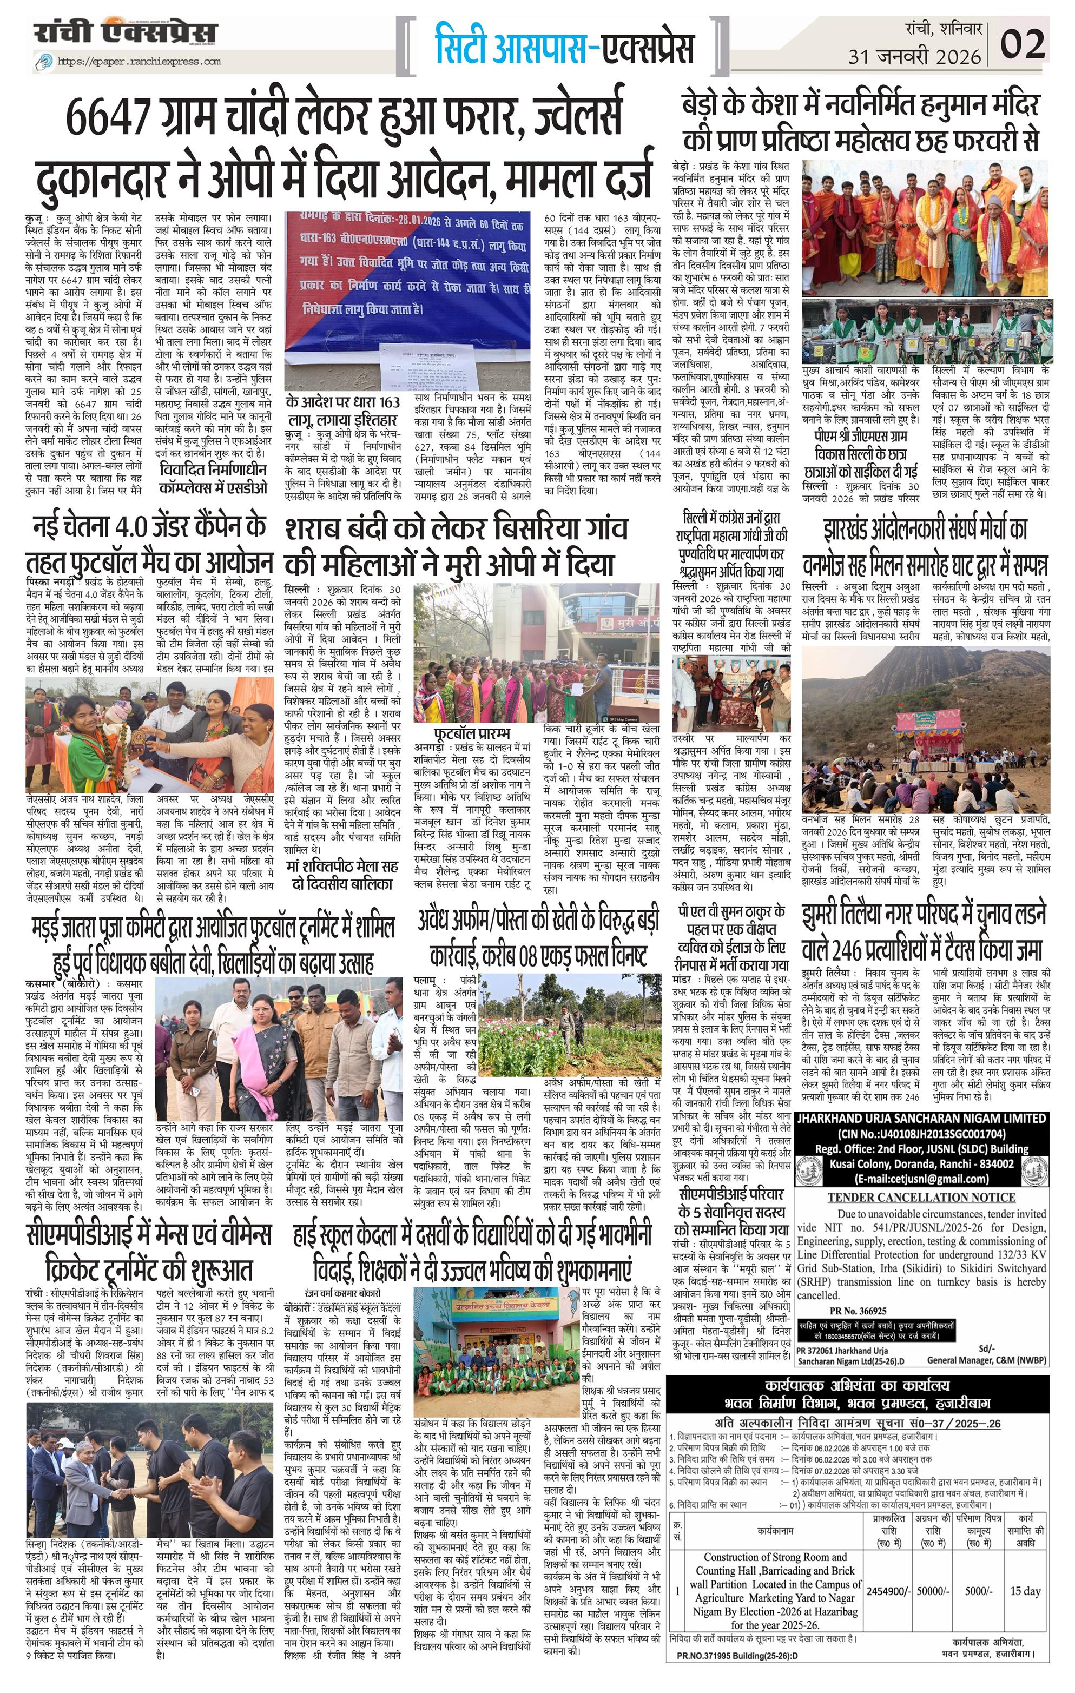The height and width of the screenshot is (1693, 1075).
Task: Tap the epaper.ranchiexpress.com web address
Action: [x=139, y=61]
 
